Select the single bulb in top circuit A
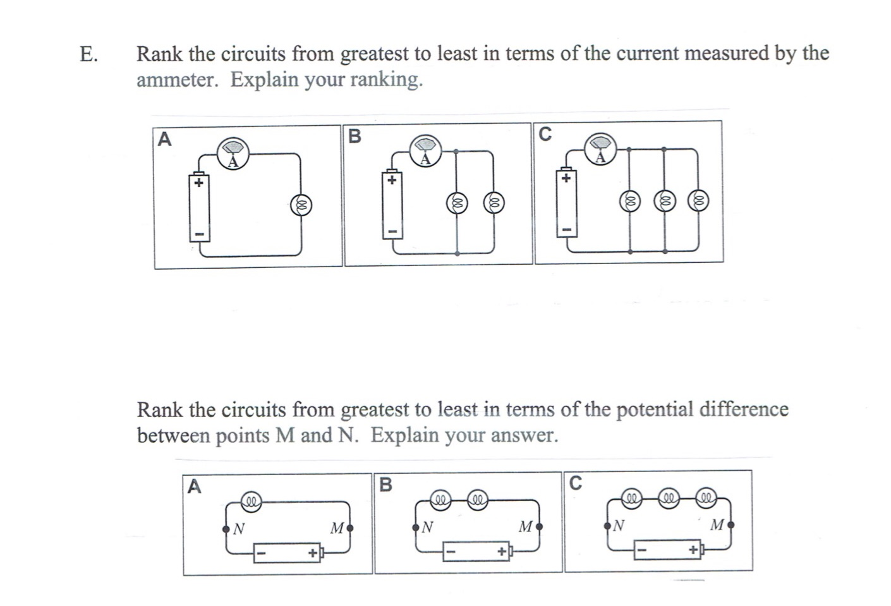pyautogui.click(x=301, y=205)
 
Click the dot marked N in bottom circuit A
pyautogui.click(x=226, y=528)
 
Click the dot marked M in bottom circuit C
pyautogui.click(x=731, y=524)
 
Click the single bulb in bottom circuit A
pyautogui.click(x=252, y=502)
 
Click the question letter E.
pyautogui.click(x=88, y=54)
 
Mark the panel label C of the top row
pyautogui.click(x=545, y=134)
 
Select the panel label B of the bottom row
pyautogui.click(x=385, y=485)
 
